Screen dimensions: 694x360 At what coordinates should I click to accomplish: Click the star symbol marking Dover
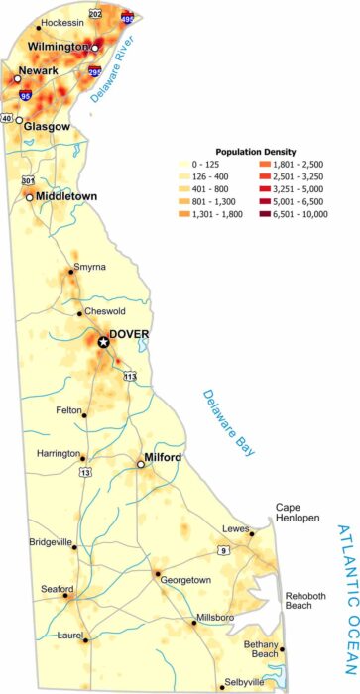click(104, 342)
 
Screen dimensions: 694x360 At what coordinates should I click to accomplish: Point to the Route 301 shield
click(28, 180)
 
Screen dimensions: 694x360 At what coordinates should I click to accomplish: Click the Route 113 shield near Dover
click(130, 376)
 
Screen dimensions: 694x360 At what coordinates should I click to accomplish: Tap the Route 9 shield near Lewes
click(224, 549)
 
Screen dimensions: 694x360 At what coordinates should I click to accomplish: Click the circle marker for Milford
click(141, 462)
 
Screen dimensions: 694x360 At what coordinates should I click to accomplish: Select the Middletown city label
click(67, 196)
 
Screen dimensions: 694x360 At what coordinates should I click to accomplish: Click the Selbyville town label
click(244, 683)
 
